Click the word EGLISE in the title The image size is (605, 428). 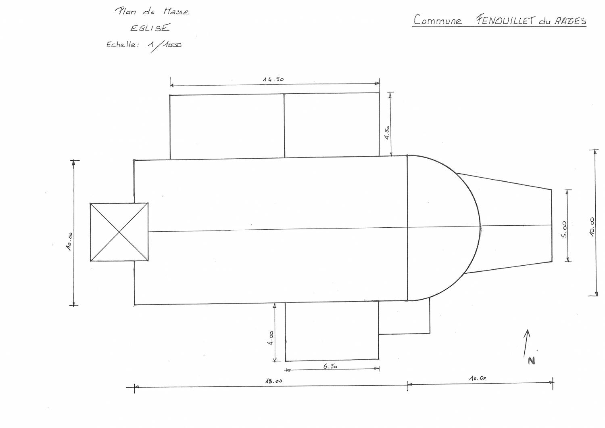pyautogui.click(x=150, y=27)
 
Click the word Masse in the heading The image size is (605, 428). pyautogui.click(x=176, y=12)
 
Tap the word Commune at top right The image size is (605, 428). pyautogui.click(x=438, y=19)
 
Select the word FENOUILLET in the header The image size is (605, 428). pyautogui.click(x=505, y=20)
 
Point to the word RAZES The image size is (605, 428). pyautogui.click(x=570, y=21)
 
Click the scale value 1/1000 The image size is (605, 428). pyautogui.click(x=165, y=45)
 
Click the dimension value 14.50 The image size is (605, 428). pyautogui.click(x=273, y=79)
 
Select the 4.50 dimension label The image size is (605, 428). pyautogui.click(x=387, y=132)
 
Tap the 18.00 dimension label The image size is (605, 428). pyautogui.click(x=273, y=381)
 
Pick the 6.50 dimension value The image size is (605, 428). pyautogui.click(x=330, y=366)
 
